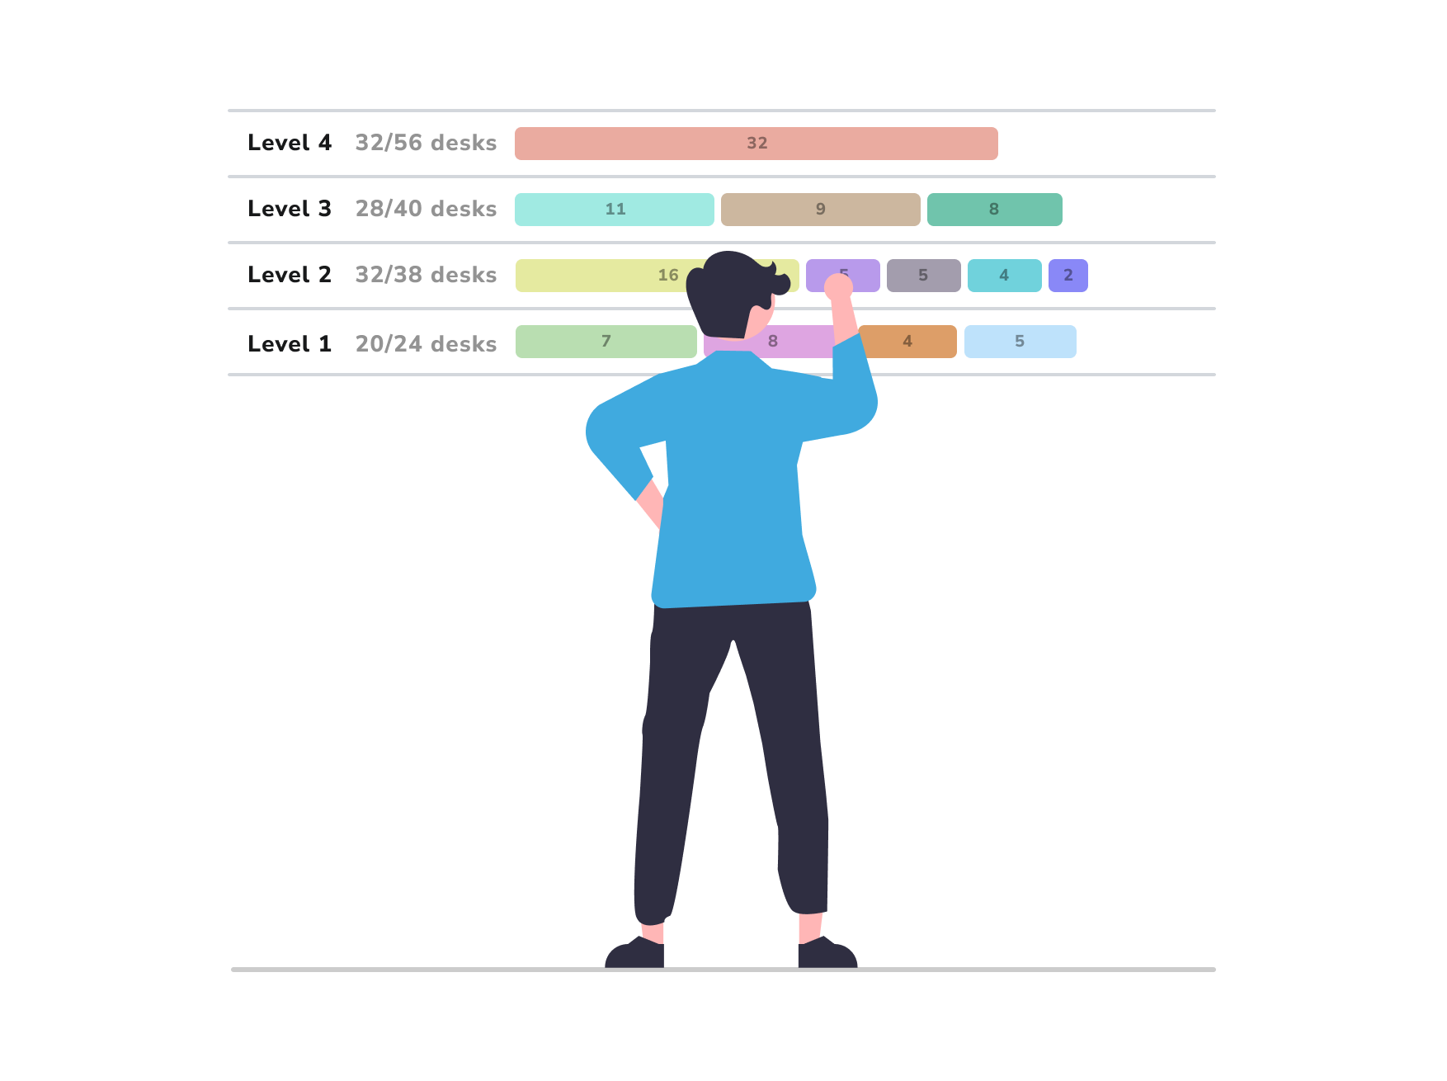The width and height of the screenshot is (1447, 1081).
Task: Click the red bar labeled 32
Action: [756, 144]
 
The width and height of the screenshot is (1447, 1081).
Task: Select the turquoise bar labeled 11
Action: [614, 210]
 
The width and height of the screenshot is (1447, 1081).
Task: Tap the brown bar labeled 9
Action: [820, 210]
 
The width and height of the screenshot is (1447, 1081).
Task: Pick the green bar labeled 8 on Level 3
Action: [994, 210]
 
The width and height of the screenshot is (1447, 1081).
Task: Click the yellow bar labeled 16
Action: [610, 276]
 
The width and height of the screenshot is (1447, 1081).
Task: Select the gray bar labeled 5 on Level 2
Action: [923, 276]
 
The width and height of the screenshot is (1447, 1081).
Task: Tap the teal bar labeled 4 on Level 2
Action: [1004, 276]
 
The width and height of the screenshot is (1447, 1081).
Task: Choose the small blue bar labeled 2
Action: [1068, 276]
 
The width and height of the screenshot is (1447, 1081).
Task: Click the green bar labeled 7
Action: [606, 342]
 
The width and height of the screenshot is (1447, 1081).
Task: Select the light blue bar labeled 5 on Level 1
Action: [1020, 342]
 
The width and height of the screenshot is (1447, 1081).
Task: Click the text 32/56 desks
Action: [426, 143]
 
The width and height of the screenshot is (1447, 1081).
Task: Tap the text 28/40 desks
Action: [426, 209]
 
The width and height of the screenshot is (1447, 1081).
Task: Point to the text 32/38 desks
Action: [426, 275]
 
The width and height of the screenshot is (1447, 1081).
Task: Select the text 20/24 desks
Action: [426, 344]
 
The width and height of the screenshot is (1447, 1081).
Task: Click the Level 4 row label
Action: [290, 143]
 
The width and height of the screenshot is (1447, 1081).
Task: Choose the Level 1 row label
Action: [290, 344]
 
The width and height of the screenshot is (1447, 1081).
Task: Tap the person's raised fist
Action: [838, 287]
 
